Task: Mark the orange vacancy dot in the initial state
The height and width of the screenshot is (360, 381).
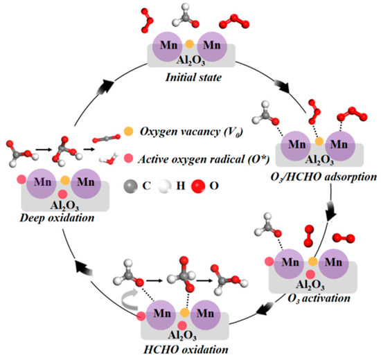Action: tap(189, 44)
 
